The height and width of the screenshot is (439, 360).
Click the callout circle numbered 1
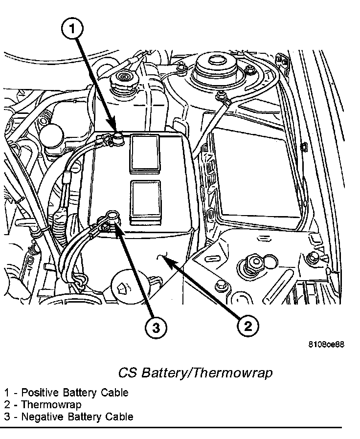coord(72,30)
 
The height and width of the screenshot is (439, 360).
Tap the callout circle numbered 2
coord(247,326)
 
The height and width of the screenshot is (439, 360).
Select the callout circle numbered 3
coord(156,329)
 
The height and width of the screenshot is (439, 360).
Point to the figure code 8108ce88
coord(326,344)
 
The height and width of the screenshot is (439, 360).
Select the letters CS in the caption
coord(128,373)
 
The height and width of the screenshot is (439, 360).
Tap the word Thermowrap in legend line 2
coord(51,405)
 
